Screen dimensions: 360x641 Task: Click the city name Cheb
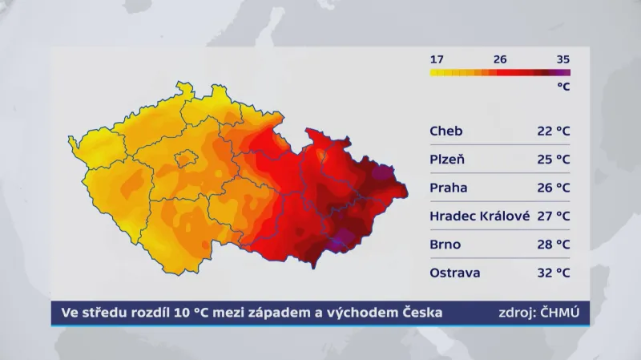[x=445, y=131]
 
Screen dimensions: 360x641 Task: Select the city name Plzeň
[x=447, y=159]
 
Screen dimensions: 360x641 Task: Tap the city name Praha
[x=448, y=188]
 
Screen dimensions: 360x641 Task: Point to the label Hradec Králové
[x=478, y=216]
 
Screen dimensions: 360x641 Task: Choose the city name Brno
[x=445, y=244]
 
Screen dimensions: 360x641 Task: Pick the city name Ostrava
[x=455, y=273]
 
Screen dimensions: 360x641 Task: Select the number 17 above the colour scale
[x=437, y=59]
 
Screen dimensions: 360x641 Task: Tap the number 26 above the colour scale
[x=500, y=59]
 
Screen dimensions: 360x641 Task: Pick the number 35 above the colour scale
[x=562, y=59]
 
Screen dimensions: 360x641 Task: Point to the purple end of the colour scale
[x=564, y=72]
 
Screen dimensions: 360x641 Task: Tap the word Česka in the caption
[x=421, y=312]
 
